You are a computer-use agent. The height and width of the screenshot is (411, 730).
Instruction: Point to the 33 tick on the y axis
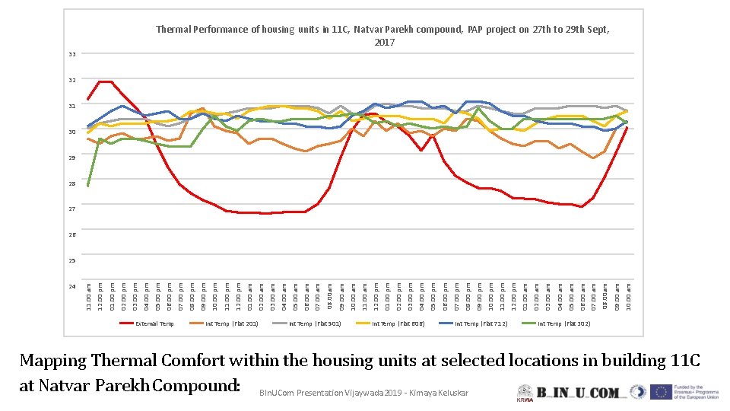point(71,55)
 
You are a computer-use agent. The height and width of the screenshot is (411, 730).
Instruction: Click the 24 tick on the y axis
point(71,287)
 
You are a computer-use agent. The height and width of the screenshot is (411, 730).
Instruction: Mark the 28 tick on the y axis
point(71,183)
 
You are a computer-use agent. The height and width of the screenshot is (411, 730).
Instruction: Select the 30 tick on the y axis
point(71,132)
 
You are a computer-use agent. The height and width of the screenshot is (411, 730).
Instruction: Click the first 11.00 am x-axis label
point(89,296)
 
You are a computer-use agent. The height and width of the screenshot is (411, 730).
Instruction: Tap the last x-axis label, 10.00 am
point(628,296)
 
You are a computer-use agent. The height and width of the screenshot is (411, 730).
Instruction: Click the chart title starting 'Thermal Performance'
point(382,30)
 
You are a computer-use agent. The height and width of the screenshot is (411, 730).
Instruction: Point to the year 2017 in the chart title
point(385,43)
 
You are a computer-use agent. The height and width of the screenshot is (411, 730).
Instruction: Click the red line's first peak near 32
point(106,81)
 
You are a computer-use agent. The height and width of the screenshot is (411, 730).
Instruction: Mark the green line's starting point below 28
point(89,185)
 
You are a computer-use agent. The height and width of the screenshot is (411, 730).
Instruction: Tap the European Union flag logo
point(660,393)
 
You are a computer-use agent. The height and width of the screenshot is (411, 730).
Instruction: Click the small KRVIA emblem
point(525,392)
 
